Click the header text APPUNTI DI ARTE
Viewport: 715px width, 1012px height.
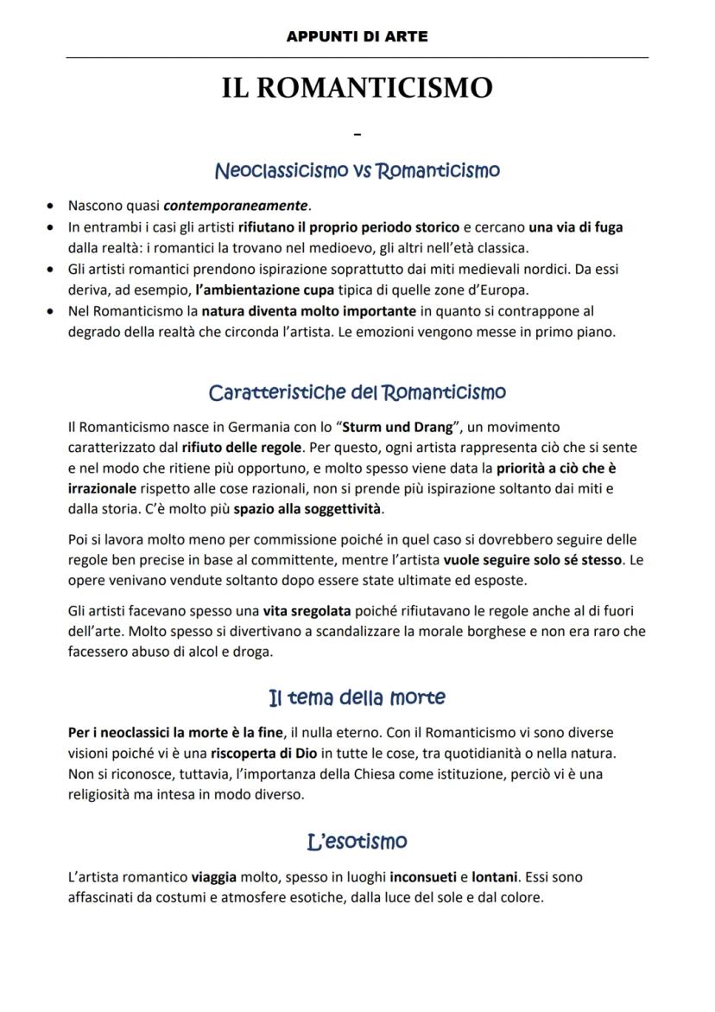pyautogui.click(x=357, y=37)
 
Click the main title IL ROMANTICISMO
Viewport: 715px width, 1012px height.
pyautogui.click(x=357, y=88)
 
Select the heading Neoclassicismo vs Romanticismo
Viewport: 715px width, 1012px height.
pyautogui.click(x=357, y=170)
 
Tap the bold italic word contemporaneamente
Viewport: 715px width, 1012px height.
pyautogui.click(x=236, y=206)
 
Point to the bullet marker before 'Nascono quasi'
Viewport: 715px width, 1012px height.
pyautogui.click(x=51, y=207)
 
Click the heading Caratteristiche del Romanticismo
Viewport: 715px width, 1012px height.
pyautogui.click(x=357, y=392)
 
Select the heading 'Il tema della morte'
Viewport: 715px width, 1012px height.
pyautogui.click(x=357, y=697)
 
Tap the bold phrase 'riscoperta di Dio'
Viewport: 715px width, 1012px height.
pyautogui.click(x=263, y=753)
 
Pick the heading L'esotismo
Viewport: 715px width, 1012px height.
pyautogui.click(x=357, y=841)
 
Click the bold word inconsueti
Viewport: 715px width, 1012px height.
pyautogui.click(x=422, y=876)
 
